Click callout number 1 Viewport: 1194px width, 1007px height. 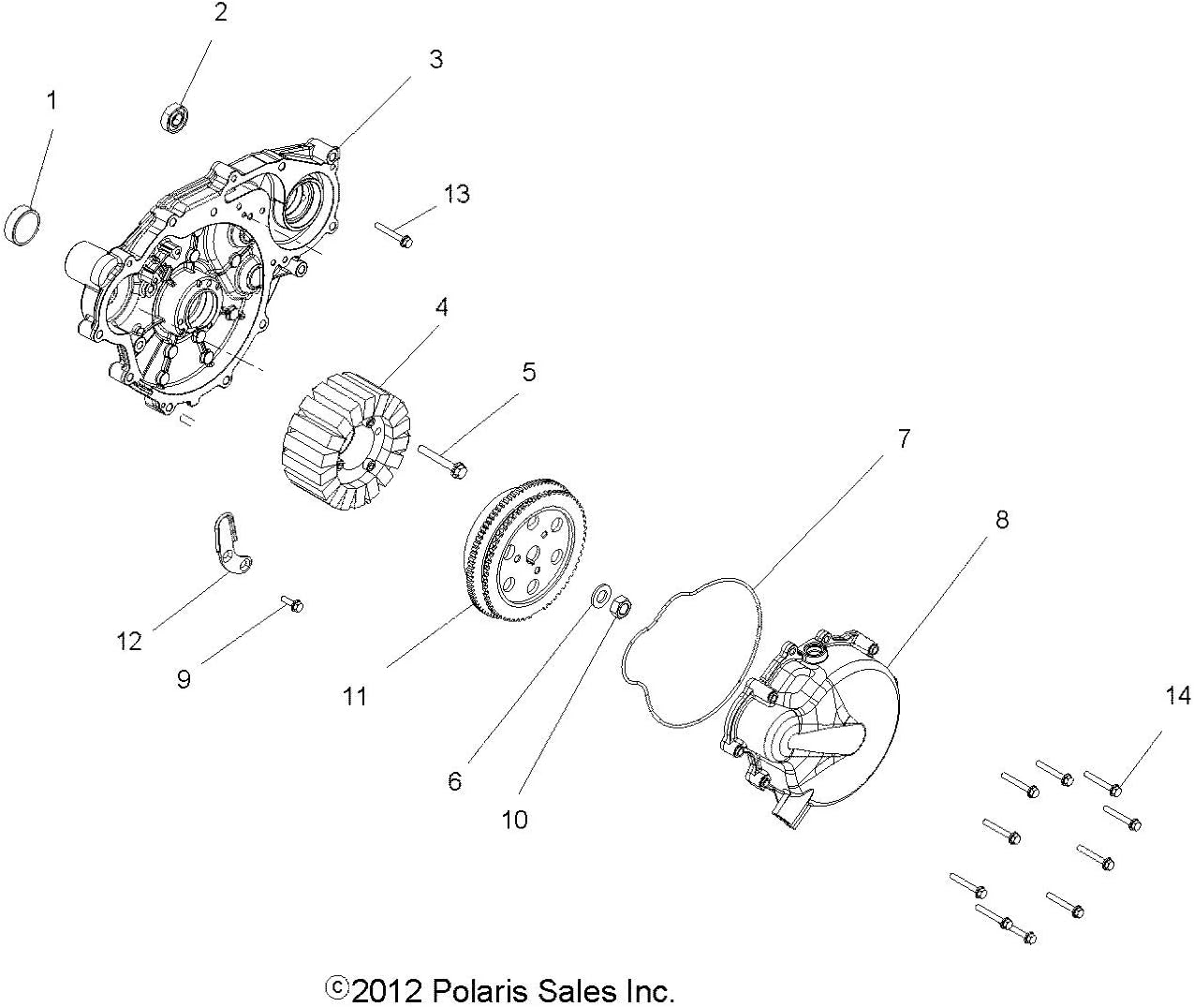click(x=52, y=100)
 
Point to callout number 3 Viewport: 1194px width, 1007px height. click(x=435, y=59)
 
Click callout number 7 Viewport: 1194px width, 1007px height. click(x=903, y=438)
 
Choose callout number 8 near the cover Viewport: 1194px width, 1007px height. click(x=1001, y=519)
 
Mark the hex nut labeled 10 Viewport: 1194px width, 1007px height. click(x=621, y=607)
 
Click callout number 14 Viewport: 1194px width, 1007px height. click(x=1177, y=695)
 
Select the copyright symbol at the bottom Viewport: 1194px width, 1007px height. click(x=336, y=987)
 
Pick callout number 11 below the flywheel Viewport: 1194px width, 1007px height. click(x=355, y=696)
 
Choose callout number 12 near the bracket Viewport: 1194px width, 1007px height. click(x=128, y=641)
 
